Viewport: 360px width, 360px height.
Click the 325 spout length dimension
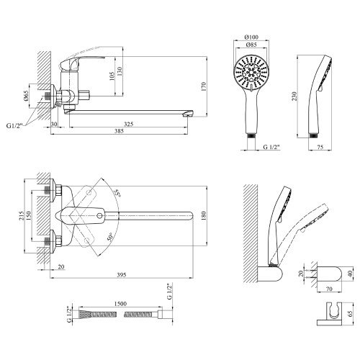click(128, 124)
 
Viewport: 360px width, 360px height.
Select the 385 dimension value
click(119, 131)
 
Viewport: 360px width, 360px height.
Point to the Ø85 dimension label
click(251, 45)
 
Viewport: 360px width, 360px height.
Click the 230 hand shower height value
click(294, 96)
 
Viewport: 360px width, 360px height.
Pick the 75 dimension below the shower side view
click(320, 147)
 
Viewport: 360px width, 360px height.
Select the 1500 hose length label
click(120, 304)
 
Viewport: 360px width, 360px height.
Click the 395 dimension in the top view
click(122, 275)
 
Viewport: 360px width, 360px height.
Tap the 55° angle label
click(117, 193)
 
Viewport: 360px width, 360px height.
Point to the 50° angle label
click(109, 237)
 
